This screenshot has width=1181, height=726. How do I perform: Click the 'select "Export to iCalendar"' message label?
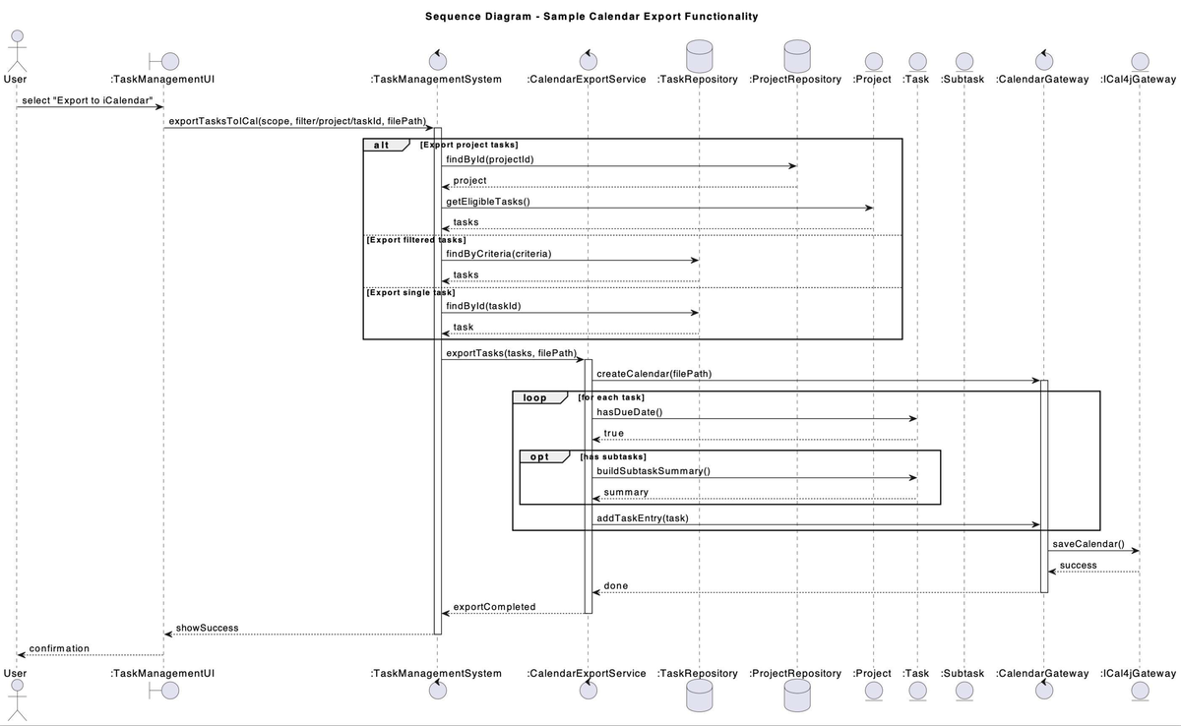pyautogui.click(x=88, y=101)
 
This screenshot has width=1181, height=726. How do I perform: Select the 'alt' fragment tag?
pyautogui.click(x=382, y=145)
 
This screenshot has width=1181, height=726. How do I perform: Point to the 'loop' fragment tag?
pyautogui.click(x=534, y=397)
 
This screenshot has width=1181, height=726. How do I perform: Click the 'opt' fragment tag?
pyautogui.click(x=540, y=456)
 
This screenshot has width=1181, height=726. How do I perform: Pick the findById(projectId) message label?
pyautogui.click(x=490, y=159)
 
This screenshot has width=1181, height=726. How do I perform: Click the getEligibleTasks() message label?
pyautogui.click(x=487, y=201)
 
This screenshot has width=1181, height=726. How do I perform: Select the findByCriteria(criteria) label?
pyautogui.click(x=498, y=253)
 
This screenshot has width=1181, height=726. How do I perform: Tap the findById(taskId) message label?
pyautogui.click(x=483, y=305)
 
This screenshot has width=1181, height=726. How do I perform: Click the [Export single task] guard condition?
pyautogui.click(x=410, y=292)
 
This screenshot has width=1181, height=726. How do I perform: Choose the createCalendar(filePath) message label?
pyautogui.click(x=653, y=373)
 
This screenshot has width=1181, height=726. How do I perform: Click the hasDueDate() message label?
pyautogui.click(x=629, y=411)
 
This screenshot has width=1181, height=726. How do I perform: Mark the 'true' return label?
pyautogui.click(x=613, y=433)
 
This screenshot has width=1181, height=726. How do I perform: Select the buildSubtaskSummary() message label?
pyautogui.click(x=653, y=470)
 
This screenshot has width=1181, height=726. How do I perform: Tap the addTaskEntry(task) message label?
pyautogui.click(x=642, y=517)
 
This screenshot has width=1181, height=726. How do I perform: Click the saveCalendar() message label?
pyautogui.click(x=1088, y=544)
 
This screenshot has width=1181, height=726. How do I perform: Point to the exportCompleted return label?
pyautogui.click(x=494, y=606)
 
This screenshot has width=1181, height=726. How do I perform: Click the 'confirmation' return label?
pyautogui.click(x=59, y=648)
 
